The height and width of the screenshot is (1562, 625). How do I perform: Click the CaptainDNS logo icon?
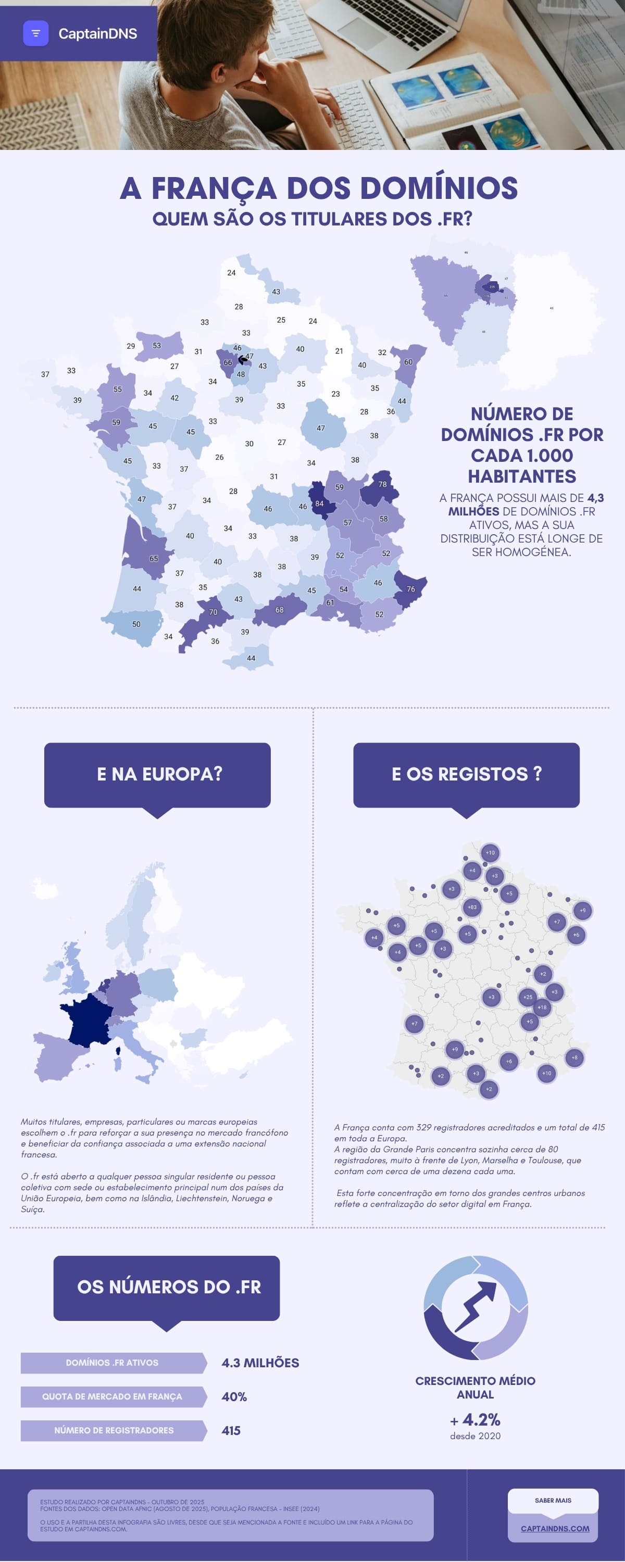35,33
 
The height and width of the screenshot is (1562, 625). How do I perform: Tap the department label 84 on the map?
319,503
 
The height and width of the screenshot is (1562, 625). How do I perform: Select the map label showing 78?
382,484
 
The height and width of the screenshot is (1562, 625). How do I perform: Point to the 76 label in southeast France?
411,589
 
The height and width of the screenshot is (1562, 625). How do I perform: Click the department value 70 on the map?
213,612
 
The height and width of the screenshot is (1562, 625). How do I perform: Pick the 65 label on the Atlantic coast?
154,559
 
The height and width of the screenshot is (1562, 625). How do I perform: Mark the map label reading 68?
279,609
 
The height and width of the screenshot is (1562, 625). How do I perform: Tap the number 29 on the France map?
130,346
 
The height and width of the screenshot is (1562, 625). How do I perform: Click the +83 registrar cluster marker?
472,907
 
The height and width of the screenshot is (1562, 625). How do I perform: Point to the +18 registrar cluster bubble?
542,1007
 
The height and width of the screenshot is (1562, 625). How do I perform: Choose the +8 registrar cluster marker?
574,1057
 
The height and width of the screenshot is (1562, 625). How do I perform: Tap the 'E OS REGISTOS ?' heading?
466,774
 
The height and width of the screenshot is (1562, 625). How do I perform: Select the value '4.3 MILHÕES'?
260,1363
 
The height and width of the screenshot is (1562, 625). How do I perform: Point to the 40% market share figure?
234,1396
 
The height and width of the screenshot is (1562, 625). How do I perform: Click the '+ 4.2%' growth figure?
475,1419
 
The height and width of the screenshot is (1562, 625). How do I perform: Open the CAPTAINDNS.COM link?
555,1529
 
